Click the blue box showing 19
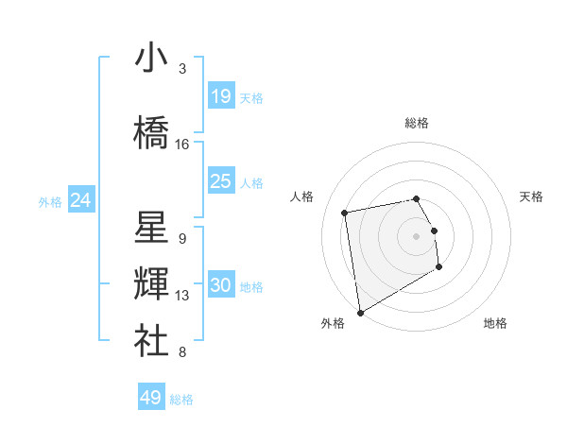(x=221, y=95)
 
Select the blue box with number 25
(x=221, y=180)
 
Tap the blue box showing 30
(x=221, y=285)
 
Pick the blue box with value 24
(x=81, y=200)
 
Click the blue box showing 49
(x=151, y=398)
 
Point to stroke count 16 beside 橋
(x=182, y=145)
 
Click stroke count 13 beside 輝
(x=182, y=296)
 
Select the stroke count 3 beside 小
(x=182, y=69)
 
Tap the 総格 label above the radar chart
(x=416, y=123)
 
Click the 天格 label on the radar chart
(x=532, y=196)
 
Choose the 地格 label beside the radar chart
(x=495, y=323)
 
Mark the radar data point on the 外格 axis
(x=359, y=312)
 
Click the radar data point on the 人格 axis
(x=345, y=212)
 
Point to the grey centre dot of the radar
(x=416, y=235)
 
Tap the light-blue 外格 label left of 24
(x=50, y=202)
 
